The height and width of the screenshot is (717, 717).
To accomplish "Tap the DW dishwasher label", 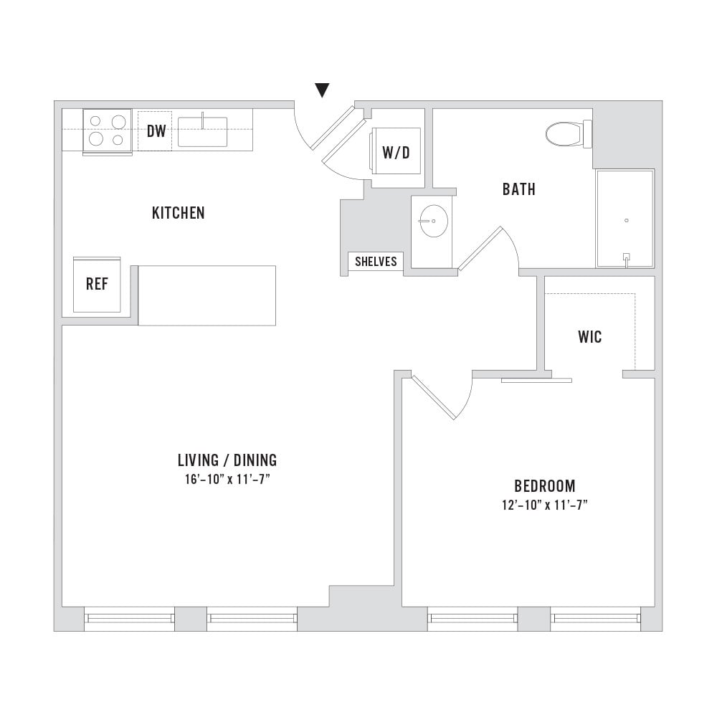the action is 156,131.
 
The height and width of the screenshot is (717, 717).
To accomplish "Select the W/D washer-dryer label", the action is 396,153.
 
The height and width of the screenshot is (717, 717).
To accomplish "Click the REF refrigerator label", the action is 97,284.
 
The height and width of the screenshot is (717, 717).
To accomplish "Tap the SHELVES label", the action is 376,262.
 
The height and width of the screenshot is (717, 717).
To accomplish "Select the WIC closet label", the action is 590,337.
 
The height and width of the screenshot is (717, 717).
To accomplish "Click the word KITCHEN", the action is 179,213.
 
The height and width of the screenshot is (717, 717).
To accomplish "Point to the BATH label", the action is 519,189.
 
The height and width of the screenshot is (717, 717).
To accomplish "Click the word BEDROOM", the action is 545,485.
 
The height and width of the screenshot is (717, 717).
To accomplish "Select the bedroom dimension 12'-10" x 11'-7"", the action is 545,505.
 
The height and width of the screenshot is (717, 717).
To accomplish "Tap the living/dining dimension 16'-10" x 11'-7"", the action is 227,480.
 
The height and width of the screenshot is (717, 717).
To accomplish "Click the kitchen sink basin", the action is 203,132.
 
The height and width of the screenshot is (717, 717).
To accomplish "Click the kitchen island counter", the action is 206,295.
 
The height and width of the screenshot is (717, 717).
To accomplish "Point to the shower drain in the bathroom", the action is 627,220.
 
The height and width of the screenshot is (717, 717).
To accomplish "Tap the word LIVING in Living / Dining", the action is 198,460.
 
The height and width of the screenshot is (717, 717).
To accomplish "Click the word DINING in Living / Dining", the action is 255,460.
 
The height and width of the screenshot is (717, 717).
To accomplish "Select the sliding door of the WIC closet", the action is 537,380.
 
